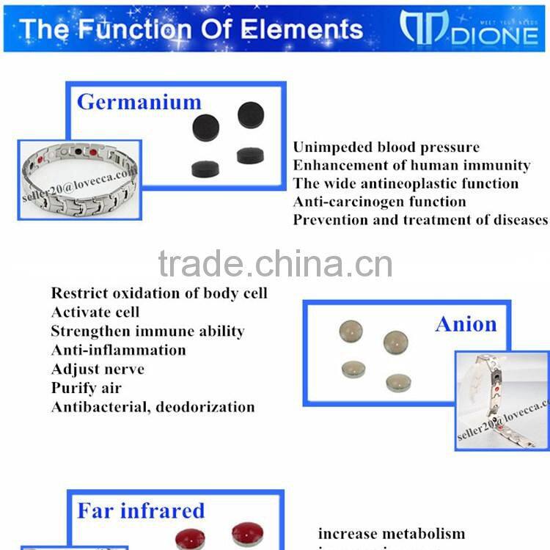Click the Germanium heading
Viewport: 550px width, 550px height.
coord(139,101)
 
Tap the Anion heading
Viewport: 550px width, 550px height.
coord(466,323)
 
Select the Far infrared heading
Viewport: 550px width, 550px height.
coord(141,510)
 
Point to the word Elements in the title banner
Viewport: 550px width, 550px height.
coord(300,29)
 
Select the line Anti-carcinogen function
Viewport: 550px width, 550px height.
coord(379,202)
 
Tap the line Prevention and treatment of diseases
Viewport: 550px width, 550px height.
coord(420,219)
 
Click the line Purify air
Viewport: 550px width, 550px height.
coord(86,388)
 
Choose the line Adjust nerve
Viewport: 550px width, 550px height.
coord(98,369)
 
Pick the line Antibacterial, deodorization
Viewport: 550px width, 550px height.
coord(153,407)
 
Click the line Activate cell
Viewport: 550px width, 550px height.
coord(95,312)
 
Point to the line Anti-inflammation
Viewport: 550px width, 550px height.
coord(118,350)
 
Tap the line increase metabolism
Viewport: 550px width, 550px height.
coord(392,533)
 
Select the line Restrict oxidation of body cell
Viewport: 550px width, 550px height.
coord(159,293)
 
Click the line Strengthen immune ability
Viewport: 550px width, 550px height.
coord(147,331)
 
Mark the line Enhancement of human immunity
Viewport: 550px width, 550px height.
coord(411,166)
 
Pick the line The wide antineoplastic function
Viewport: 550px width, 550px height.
coord(406,183)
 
